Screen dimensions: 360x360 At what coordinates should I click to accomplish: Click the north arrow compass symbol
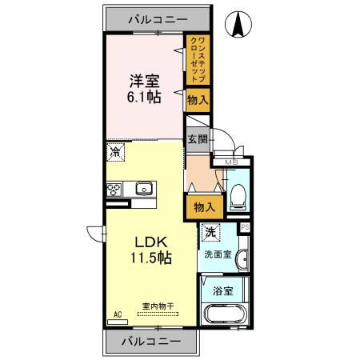[x=238, y=25]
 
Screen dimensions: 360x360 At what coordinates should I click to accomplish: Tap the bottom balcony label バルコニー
[x=150, y=342]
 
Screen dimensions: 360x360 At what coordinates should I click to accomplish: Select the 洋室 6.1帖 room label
[x=145, y=88]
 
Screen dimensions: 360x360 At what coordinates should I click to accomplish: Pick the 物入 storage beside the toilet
[x=204, y=206]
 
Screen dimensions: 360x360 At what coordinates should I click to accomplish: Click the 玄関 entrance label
[x=198, y=138]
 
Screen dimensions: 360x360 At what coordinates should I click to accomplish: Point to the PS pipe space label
[x=245, y=226]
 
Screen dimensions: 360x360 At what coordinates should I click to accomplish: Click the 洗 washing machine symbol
[x=209, y=233]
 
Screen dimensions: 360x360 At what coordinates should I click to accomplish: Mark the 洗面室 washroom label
[x=218, y=255]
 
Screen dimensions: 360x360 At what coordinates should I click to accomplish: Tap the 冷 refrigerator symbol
[x=116, y=150]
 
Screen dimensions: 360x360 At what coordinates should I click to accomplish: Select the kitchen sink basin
[x=144, y=189]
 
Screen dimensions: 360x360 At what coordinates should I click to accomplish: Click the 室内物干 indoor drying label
[x=158, y=305]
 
